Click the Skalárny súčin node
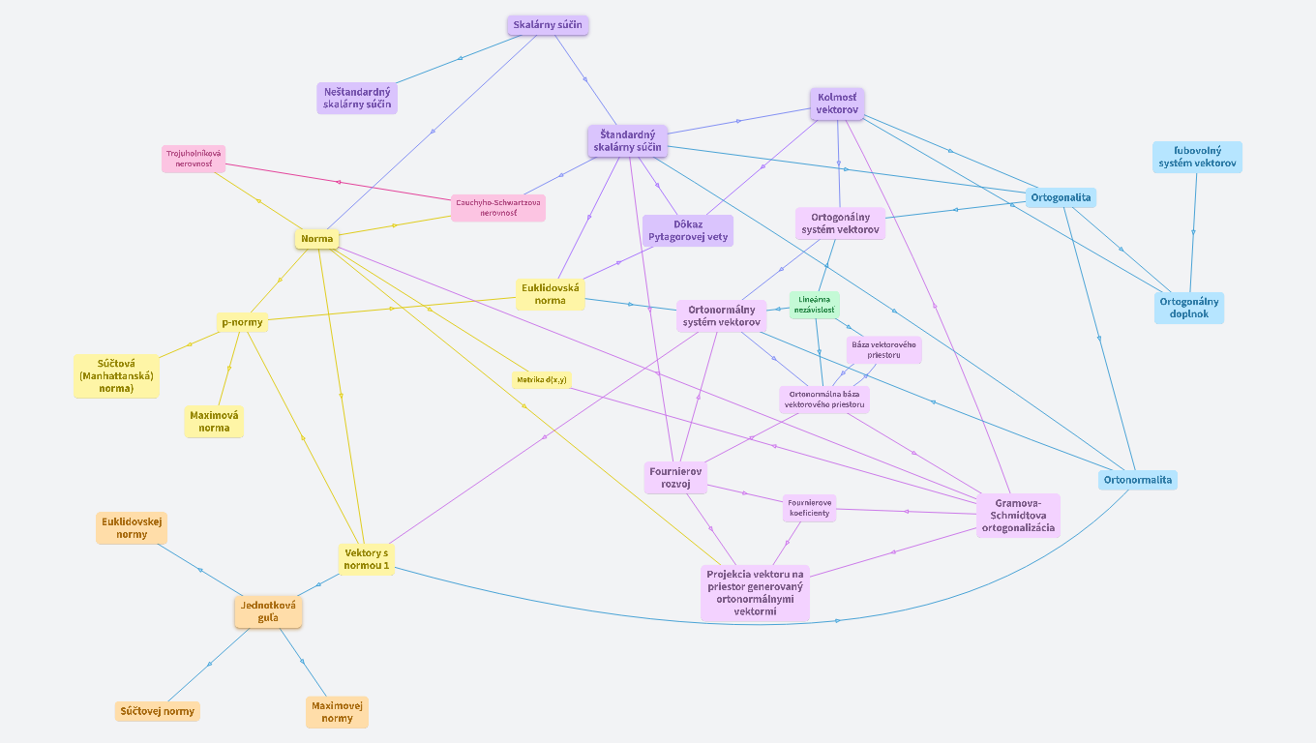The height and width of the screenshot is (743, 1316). coord(548,25)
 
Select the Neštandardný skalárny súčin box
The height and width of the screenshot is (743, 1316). coord(357,98)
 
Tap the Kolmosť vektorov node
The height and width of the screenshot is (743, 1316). coord(837,104)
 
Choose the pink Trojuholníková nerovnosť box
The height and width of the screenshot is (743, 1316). coord(194,159)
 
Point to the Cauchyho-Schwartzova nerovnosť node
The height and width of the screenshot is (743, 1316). coord(498,208)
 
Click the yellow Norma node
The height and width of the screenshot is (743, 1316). coord(316,239)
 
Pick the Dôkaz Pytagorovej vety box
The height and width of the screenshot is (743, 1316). coord(688,230)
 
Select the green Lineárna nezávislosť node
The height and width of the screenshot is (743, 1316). coord(814,305)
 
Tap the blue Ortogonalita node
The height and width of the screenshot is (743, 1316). coord(1062,197)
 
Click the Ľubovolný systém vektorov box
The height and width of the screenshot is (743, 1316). coord(1197,157)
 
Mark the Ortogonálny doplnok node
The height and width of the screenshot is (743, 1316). coord(1189,308)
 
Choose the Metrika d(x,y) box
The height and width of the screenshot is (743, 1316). coord(542,380)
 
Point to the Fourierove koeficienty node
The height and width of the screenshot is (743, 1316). coord(809,508)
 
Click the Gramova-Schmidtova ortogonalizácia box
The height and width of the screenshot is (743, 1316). coord(1018,516)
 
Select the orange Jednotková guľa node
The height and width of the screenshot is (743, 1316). coord(268,611)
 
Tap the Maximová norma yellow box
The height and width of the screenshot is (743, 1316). coord(215,422)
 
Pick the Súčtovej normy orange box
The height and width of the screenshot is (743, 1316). coord(158,711)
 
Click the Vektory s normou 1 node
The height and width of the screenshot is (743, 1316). coord(367,559)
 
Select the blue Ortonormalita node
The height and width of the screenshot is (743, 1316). coord(1138,480)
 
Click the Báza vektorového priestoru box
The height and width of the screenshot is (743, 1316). coord(883,349)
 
